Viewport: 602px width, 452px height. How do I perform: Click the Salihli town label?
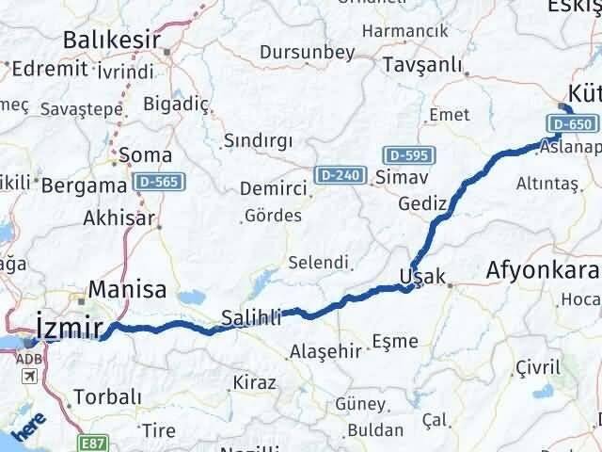pyautogui.click(x=251, y=318)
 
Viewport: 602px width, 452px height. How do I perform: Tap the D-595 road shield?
pyautogui.click(x=405, y=153)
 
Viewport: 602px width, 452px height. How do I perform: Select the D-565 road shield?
pyautogui.click(x=159, y=181)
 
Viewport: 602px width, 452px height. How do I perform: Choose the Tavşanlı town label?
pyautogui.click(x=422, y=65)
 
